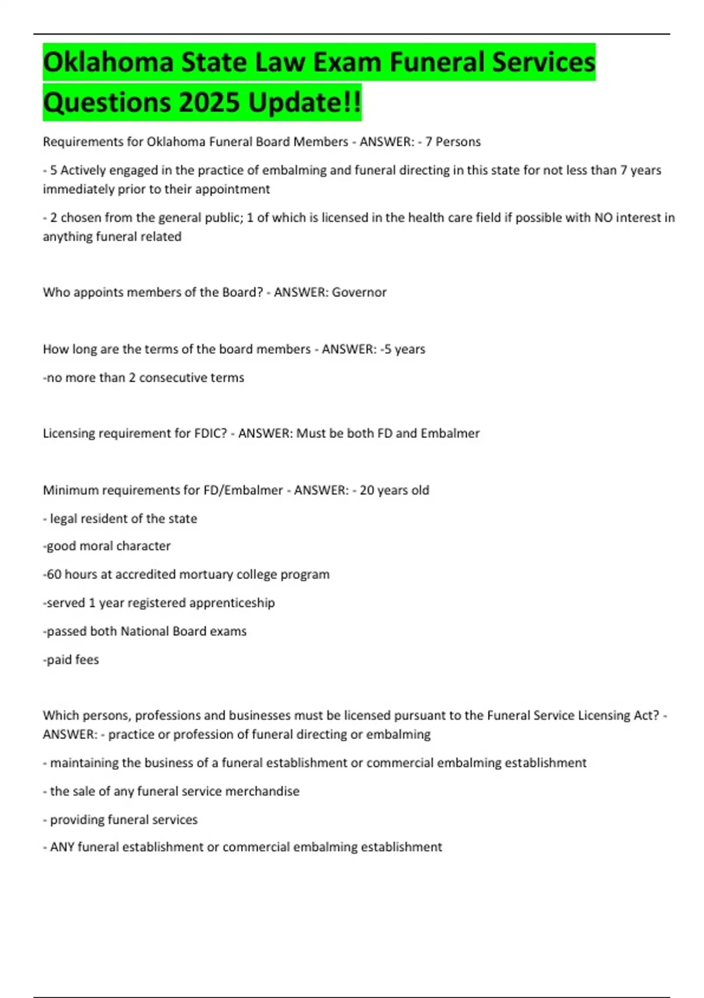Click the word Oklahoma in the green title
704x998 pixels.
click(x=109, y=62)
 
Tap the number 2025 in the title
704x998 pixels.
click(x=209, y=102)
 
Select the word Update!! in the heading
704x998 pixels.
click(x=304, y=102)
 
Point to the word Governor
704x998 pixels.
click(x=359, y=292)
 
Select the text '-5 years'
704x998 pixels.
click(x=402, y=349)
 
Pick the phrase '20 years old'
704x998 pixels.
click(x=394, y=490)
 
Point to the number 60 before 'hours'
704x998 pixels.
click(x=54, y=574)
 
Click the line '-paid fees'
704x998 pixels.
click(x=71, y=660)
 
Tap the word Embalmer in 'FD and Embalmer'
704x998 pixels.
click(x=450, y=433)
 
